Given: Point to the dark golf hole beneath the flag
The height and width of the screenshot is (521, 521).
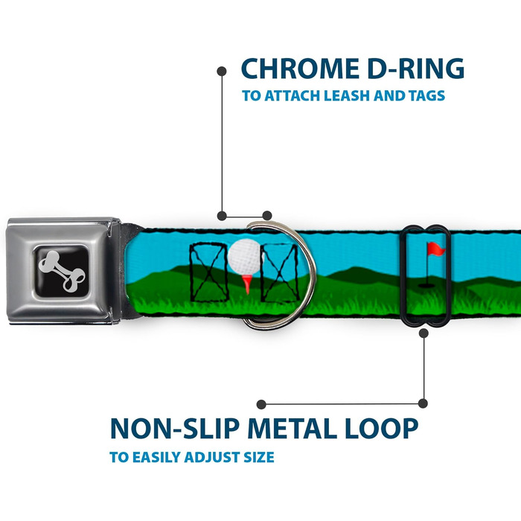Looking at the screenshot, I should [x=426, y=284].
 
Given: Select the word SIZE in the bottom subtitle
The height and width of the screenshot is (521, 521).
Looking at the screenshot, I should [x=257, y=456].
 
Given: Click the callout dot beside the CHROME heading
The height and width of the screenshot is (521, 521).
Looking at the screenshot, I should [x=221, y=71].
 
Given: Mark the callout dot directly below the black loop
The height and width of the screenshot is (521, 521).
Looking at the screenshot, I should [x=423, y=334].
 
